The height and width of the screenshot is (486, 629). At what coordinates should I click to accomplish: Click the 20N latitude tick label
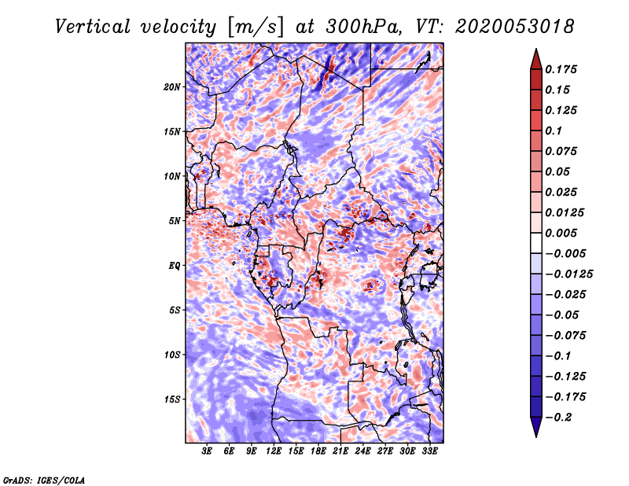click(172, 87)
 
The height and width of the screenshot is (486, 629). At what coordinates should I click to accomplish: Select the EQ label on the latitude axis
click(175, 265)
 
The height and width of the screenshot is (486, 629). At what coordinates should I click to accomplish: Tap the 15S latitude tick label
click(172, 399)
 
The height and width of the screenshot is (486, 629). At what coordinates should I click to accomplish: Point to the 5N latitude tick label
click(175, 221)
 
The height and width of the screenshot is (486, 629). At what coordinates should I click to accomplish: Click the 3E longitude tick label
click(208, 451)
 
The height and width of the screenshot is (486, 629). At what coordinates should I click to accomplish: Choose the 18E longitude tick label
click(318, 451)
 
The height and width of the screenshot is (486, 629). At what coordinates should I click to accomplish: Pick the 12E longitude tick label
click(274, 451)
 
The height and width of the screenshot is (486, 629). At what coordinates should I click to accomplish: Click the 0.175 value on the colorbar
click(562, 69)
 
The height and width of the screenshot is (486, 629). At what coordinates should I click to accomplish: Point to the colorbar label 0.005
click(562, 233)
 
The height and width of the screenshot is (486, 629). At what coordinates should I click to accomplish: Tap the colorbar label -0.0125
click(571, 274)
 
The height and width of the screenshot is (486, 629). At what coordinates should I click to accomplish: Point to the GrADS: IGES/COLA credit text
click(44, 479)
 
